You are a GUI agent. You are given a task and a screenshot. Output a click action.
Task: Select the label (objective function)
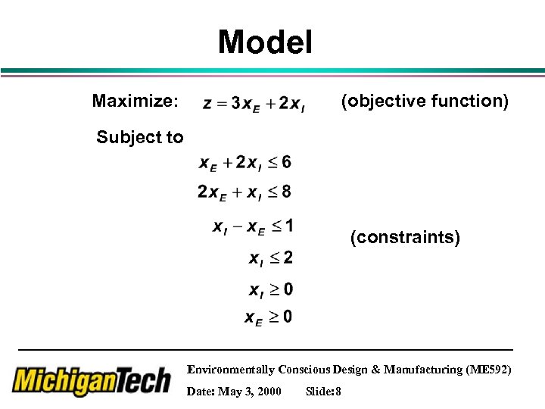(425, 101)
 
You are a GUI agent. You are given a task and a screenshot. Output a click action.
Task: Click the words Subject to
(140, 137)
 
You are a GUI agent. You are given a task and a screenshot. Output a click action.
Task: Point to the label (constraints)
(405, 238)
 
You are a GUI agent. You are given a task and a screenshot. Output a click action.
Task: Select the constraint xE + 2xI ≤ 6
(244, 163)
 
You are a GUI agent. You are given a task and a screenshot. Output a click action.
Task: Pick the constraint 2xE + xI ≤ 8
(244, 192)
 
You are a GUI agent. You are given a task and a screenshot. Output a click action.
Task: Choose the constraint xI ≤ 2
(271, 259)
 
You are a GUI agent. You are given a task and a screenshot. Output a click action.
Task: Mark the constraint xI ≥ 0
(271, 290)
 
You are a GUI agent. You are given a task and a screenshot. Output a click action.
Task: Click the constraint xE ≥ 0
(269, 317)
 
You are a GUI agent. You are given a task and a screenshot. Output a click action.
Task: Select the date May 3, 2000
(234, 392)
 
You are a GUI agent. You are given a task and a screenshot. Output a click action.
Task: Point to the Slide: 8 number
(323, 392)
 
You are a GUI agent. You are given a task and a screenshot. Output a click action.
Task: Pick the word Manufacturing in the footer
(419, 370)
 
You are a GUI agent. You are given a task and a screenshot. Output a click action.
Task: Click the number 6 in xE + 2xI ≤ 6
(285, 162)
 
